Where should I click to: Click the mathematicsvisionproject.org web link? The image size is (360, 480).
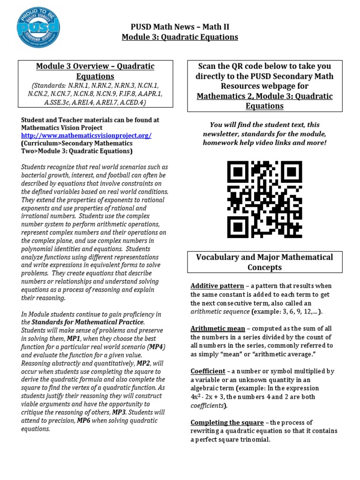86,135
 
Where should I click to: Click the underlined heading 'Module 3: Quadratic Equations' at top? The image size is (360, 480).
180,37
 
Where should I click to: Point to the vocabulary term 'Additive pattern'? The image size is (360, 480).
217,286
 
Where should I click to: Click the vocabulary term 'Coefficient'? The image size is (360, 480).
208,371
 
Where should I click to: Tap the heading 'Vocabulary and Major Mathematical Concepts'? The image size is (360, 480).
264,262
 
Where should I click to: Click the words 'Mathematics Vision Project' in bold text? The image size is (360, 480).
61,127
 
